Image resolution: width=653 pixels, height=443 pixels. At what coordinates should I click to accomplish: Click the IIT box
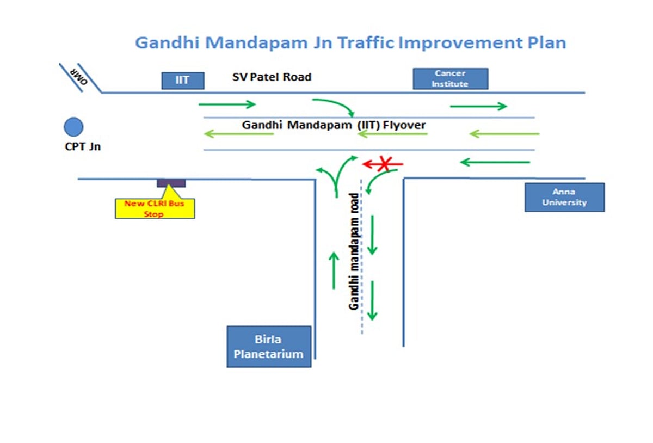(183, 81)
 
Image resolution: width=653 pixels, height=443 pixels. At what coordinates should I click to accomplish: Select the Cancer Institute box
(450, 78)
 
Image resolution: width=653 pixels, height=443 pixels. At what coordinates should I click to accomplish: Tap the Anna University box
(564, 197)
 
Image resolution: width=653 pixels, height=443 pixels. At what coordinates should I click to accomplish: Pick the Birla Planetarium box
(269, 347)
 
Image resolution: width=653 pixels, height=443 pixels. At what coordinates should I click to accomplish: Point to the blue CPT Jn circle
(73, 127)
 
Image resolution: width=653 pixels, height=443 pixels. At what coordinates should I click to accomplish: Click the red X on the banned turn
(385, 163)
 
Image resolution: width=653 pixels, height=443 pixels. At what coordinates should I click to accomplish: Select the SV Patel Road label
(272, 77)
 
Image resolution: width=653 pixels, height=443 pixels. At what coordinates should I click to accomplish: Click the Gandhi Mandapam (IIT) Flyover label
(334, 125)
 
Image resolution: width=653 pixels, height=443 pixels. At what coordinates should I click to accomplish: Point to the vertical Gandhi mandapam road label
(354, 251)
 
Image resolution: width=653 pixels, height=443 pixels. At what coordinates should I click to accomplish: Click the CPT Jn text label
(83, 146)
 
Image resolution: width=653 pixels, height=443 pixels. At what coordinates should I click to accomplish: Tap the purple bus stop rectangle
(171, 183)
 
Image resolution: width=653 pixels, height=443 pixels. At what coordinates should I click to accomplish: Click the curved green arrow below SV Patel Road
(334, 106)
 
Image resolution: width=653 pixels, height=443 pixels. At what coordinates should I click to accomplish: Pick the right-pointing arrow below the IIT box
(227, 104)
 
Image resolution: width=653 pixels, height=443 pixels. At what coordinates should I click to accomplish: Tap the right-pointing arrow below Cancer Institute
(478, 106)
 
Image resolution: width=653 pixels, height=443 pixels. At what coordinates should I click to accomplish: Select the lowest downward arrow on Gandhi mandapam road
(372, 300)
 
